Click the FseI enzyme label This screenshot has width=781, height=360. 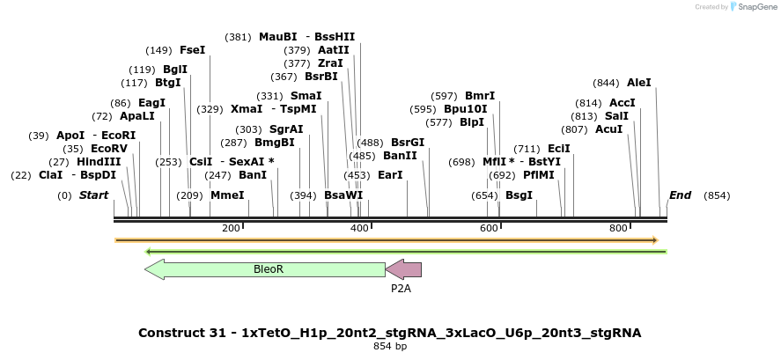coord(192,50)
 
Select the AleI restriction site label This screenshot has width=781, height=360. coord(639,83)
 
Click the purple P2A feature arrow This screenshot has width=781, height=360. coord(404,269)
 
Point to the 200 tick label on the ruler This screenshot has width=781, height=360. coord(231,229)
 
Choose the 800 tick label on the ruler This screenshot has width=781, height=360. coord(619,229)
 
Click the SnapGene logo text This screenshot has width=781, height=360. coord(757,7)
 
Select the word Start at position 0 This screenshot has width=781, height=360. coord(94,195)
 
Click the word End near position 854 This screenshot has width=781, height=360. coord(680,195)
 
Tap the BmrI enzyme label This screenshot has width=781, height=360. coord(480,96)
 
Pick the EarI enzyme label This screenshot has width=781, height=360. coord(390,175)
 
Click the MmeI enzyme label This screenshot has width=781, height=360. coord(227,195)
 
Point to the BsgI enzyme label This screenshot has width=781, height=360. coord(519,195)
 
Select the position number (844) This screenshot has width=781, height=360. coord(607,83)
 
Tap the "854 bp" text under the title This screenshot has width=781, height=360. coord(390,347)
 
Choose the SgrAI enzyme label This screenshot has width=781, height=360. coord(286,129)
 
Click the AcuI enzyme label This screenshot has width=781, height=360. coord(608,129)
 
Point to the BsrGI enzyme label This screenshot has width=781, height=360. coord(408,143)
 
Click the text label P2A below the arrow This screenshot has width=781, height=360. coord(402,288)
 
